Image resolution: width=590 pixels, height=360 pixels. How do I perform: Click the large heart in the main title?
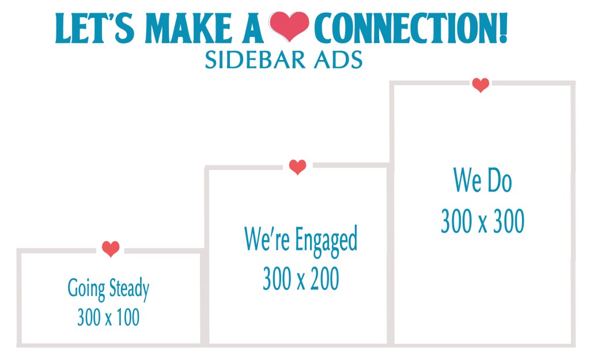point(289,26)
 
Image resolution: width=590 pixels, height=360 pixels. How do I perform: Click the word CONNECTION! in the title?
point(411,28)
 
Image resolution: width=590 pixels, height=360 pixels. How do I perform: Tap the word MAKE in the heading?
point(188,28)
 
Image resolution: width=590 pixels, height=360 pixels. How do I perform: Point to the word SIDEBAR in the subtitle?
point(254,60)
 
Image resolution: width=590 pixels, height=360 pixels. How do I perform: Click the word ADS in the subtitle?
point(338,60)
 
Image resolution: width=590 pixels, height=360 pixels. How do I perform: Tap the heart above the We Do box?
point(481,85)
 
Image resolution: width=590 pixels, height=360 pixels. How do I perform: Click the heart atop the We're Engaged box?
point(297,167)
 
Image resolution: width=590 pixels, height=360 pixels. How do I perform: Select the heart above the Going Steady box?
point(111,249)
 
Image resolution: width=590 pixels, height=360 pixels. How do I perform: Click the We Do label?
point(482,180)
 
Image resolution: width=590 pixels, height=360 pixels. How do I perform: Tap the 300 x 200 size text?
point(301,278)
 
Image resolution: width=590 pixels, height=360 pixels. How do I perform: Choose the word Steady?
point(129,289)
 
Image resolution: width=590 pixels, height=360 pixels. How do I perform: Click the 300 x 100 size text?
point(108,317)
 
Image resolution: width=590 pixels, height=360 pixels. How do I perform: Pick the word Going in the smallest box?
point(86,289)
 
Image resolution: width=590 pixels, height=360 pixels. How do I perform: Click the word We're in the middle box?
point(267,238)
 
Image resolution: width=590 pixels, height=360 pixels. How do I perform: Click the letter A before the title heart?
point(252,28)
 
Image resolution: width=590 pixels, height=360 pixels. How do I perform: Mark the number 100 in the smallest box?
point(128,317)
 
